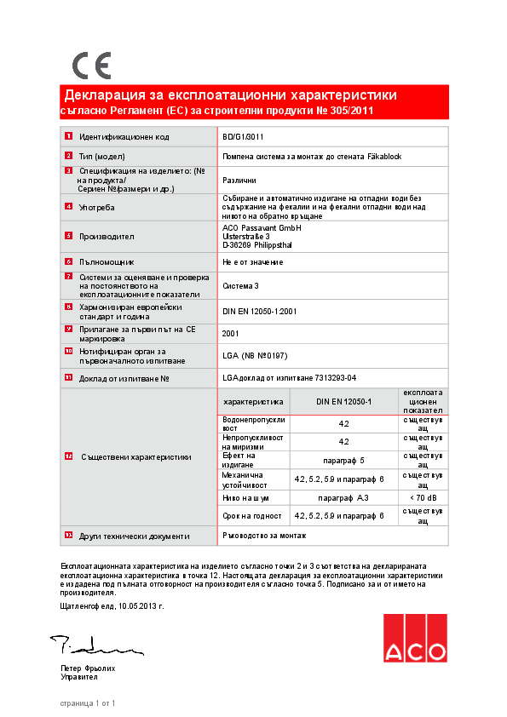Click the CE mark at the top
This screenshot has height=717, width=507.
[x=91, y=66]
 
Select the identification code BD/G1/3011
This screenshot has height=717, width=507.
[x=243, y=137]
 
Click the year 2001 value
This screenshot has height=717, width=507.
[x=230, y=333]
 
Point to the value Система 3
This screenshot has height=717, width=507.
[x=241, y=287]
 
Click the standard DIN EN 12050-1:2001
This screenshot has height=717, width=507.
[x=259, y=312]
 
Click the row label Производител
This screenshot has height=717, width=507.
[x=107, y=237]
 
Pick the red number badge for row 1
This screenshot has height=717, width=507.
[x=68, y=137]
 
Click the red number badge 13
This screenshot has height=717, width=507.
[x=68, y=536]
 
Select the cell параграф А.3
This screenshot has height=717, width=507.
[x=343, y=497]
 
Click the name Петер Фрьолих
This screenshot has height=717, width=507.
[x=88, y=668]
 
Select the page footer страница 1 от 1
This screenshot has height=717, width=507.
[x=88, y=703]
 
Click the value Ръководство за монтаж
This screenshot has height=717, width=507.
[x=263, y=536]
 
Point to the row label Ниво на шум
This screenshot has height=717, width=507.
[x=246, y=497]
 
